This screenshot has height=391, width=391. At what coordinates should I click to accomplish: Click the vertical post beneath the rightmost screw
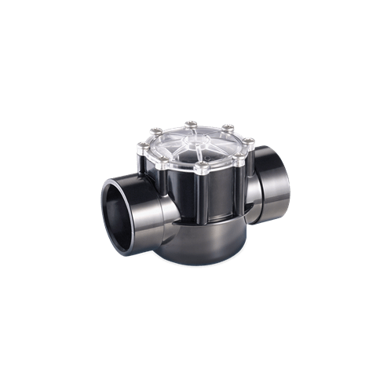(x=250, y=161)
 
